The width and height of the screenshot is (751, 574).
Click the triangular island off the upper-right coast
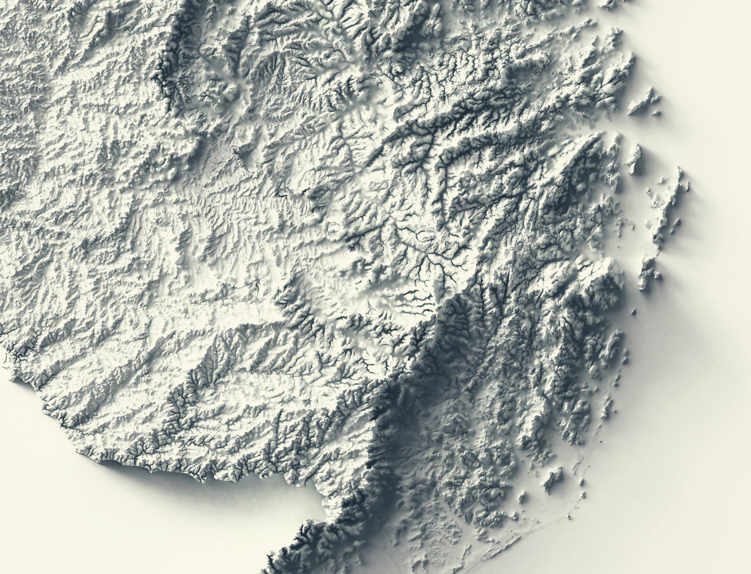pos(644,101)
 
